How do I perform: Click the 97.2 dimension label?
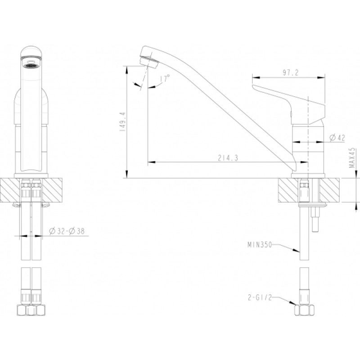pyautogui.click(x=290, y=73)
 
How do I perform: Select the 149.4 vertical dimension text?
pyautogui.click(x=122, y=121)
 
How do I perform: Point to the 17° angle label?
pyautogui.click(x=165, y=78)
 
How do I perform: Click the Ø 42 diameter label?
pyautogui.click(x=337, y=138)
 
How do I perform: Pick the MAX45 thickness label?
pyautogui.click(x=352, y=157)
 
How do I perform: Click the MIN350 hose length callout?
pyautogui.click(x=260, y=245)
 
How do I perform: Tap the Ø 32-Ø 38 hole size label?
pyautogui.click(x=67, y=231)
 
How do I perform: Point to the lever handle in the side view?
pyautogui.click(x=289, y=103)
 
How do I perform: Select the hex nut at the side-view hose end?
pyautogui.click(x=305, y=310)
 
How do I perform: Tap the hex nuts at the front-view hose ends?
pyautogui.click(x=31, y=310)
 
